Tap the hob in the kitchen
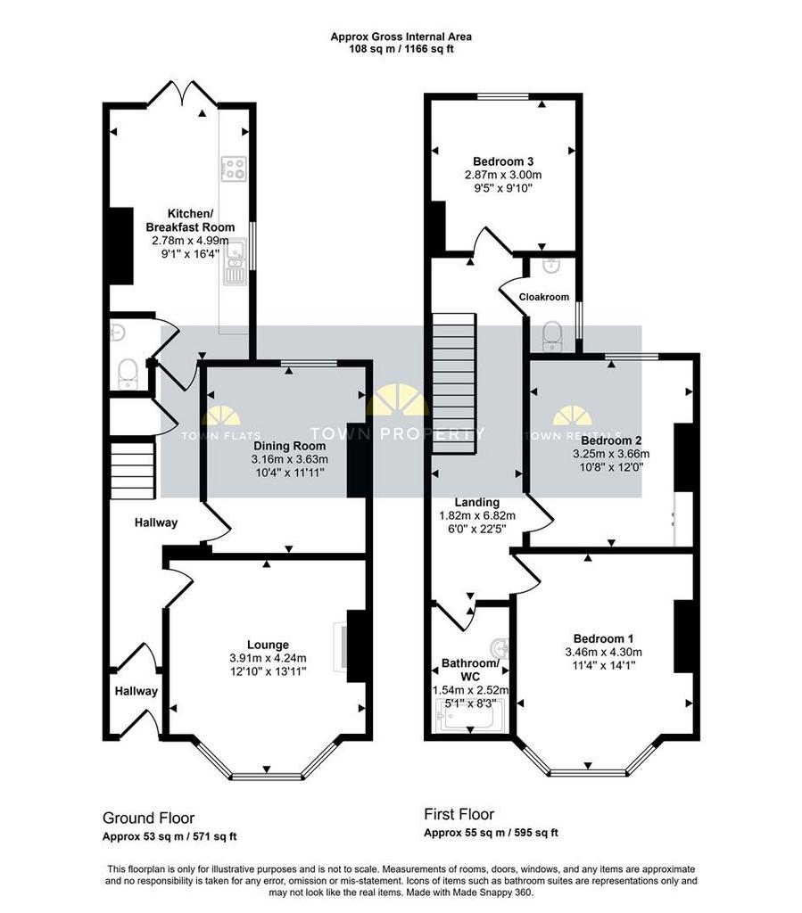(x=234, y=169)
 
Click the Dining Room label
(x=289, y=446)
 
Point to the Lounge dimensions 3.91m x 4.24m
(x=268, y=658)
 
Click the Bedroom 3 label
(x=503, y=161)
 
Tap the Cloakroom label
(x=544, y=297)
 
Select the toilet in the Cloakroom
(x=551, y=337)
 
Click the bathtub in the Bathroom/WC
(x=466, y=716)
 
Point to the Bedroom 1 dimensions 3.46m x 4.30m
(x=603, y=652)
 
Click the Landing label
(x=477, y=502)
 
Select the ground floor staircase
(x=133, y=471)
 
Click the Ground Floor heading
(x=148, y=818)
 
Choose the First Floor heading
(x=459, y=814)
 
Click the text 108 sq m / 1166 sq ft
(x=401, y=49)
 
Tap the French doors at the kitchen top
(x=182, y=94)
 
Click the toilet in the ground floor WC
(x=127, y=374)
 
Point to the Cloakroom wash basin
(x=551, y=266)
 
